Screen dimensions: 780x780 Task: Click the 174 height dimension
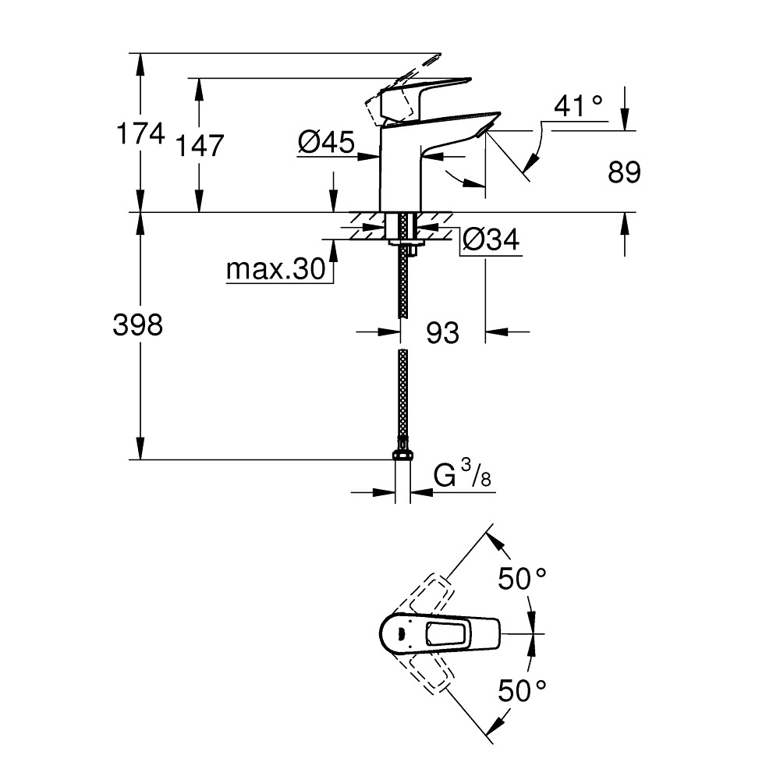point(140,135)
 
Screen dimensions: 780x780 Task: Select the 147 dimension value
point(200,145)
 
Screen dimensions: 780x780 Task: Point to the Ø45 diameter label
point(325,142)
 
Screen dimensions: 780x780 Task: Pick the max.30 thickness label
point(275,271)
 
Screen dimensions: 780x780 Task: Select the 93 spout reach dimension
point(442,333)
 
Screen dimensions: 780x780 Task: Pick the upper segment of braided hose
point(402,281)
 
